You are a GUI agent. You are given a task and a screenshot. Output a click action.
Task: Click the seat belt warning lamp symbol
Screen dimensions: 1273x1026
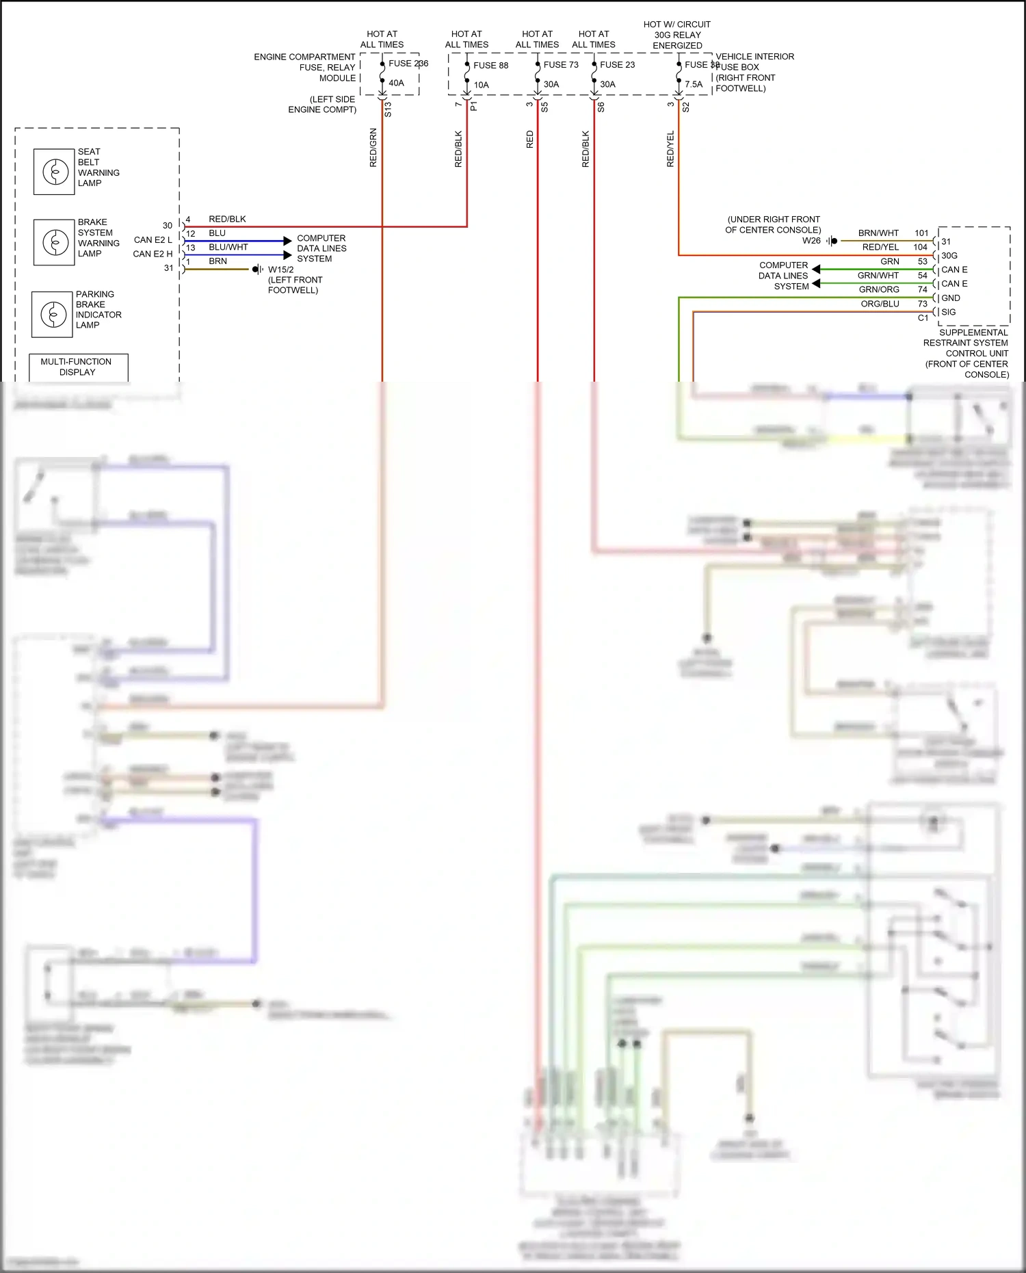[x=54, y=172]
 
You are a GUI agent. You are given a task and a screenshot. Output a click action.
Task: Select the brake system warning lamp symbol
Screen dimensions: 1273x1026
[x=54, y=242]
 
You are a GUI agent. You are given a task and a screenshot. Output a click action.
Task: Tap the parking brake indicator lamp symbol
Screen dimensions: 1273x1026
[x=52, y=314]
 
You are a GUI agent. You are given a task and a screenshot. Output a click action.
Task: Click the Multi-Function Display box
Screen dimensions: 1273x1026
[x=78, y=367]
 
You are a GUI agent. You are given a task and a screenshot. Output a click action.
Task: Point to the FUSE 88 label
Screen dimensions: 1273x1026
[x=490, y=66]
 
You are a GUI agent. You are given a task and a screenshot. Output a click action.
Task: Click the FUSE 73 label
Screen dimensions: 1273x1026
[x=561, y=65]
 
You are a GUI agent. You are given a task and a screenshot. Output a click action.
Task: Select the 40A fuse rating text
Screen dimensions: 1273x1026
[x=396, y=83]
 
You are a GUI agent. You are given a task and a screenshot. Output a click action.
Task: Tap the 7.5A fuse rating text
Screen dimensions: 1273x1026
[x=694, y=85]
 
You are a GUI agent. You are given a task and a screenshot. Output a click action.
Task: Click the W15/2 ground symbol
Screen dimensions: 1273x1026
[x=258, y=270]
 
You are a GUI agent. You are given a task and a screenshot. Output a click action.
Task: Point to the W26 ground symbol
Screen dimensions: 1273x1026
[x=832, y=241]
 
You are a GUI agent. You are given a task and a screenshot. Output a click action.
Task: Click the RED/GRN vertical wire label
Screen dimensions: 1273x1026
[x=373, y=148]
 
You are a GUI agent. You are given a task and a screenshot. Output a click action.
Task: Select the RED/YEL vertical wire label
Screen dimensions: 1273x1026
[x=670, y=149]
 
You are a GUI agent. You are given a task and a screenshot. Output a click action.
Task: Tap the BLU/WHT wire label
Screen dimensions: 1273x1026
[x=228, y=248]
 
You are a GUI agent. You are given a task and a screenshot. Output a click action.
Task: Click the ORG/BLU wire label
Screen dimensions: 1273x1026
[x=880, y=304]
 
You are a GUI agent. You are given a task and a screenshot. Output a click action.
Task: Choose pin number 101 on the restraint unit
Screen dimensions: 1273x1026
[x=921, y=233]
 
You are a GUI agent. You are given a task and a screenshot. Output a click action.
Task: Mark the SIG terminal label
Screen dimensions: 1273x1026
[x=949, y=312]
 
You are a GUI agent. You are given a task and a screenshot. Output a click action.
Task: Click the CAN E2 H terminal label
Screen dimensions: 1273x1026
[x=153, y=254]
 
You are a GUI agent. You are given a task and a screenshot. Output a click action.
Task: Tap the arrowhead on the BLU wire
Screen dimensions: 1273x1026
[x=287, y=241]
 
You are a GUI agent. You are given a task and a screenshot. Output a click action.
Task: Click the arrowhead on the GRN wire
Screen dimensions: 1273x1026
[x=816, y=270]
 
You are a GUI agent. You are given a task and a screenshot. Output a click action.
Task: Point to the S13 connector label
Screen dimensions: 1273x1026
[x=388, y=109]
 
